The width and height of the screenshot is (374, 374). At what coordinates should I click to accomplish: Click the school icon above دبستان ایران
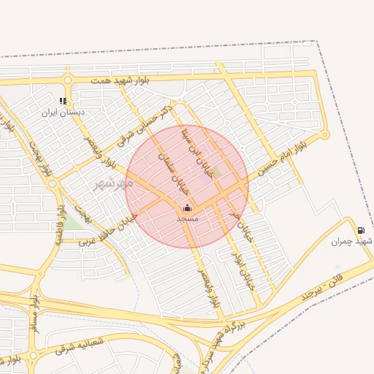(x=64, y=101)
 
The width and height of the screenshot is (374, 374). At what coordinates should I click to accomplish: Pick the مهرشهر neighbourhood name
(x=110, y=184)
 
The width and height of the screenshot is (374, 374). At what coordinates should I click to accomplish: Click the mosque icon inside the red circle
(x=187, y=207)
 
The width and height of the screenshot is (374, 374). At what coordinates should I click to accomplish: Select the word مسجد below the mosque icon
(x=188, y=218)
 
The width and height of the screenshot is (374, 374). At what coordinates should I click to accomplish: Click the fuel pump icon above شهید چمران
(x=362, y=229)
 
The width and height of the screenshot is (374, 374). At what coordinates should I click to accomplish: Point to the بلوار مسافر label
(x=34, y=315)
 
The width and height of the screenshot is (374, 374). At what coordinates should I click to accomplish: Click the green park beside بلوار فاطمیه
(x=74, y=222)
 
